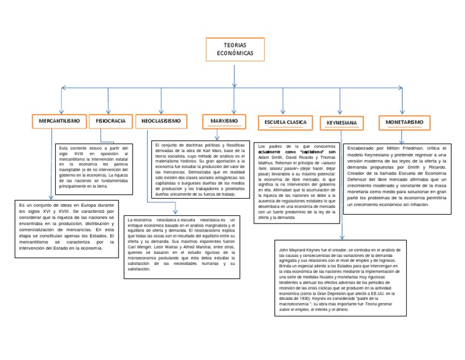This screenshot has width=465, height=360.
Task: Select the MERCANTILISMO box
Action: point(59,121)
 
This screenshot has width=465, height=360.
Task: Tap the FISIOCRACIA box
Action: point(110,121)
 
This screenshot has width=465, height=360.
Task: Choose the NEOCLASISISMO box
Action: point(161,121)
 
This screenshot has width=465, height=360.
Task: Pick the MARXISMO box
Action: point(224,121)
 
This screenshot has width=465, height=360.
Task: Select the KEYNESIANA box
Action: point(341,123)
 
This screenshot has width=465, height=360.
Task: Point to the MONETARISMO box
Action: point(404,122)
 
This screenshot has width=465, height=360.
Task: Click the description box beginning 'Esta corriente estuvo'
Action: point(93,168)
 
